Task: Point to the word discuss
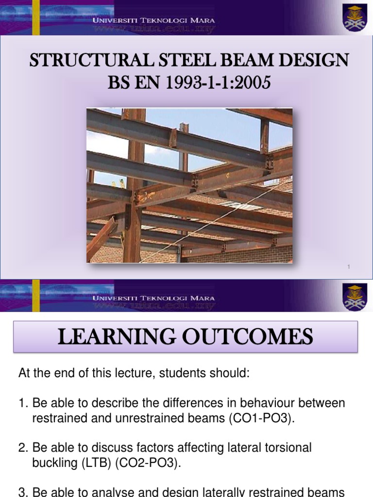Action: (116, 447)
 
